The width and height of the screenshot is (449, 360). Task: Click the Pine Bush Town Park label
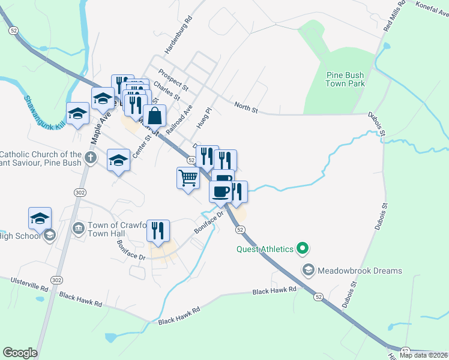pyautogui.click(x=345, y=79)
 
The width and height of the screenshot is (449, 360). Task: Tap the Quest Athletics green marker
pyautogui.click(x=303, y=248)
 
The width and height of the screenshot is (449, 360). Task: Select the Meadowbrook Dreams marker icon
pyautogui.click(x=309, y=271)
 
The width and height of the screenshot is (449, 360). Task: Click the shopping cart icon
pyautogui.click(x=188, y=178)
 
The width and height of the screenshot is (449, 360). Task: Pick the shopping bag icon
pyautogui.click(x=154, y=115)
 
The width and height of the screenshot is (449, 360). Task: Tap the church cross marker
pyautogui.click(x=90, y=158)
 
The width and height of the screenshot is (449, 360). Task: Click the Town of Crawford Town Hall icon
pyautogui.click(x=78, y=229)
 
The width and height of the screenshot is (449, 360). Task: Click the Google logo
pyautogui.click(x=20, y=353)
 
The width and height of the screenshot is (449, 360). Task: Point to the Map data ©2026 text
pyautogui.click(x=423, y=355)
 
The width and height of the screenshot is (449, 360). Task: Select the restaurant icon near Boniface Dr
pyautogui.click(x=158, y=230)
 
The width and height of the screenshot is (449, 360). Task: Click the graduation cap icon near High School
pyautogui.click(x=40, y=218)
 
